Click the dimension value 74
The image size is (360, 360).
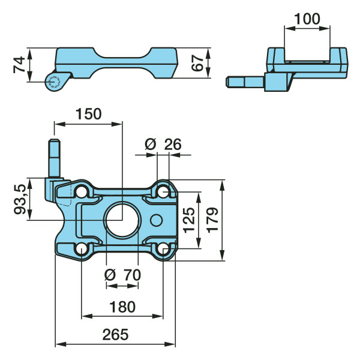(x=18, y=65)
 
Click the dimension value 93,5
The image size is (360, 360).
(x=20, y=199)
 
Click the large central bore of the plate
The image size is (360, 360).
(x=122, y=220)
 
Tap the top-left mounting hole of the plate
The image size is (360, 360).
(x=82, y=191)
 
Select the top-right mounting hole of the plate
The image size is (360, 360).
(x=163, y=191)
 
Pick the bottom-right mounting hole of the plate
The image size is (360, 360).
(x=163, y=249)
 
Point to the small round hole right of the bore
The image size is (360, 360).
(x=157, y=220)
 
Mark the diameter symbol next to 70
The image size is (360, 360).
(x=110, y=275)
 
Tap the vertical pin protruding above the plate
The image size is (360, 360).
(x=54, y=158)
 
